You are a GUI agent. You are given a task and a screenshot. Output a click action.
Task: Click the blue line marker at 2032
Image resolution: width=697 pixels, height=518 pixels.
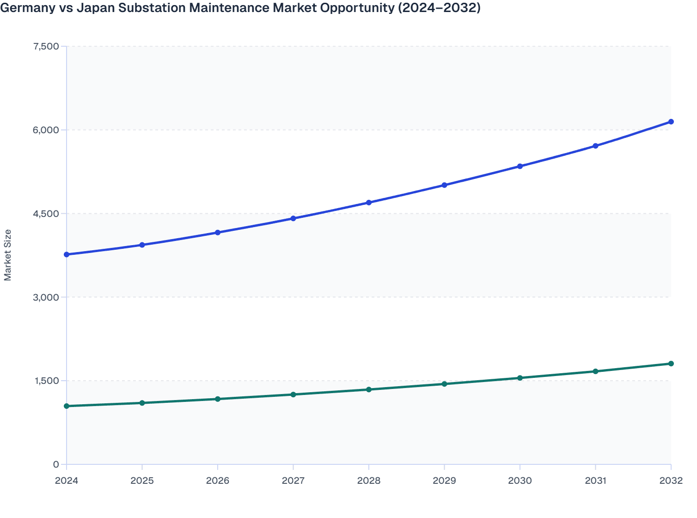[x=671, y=122]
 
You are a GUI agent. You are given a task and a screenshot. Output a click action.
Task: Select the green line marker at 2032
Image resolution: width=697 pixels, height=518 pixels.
[x=671, y=364]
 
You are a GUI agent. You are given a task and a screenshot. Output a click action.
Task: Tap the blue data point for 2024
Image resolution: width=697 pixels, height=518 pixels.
[x=67, y=254]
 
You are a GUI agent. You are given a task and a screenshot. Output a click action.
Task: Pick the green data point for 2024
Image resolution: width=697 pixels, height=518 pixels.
[x=67, y=406]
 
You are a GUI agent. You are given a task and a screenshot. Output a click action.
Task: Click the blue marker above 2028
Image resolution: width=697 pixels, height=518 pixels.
[x=369, y=203]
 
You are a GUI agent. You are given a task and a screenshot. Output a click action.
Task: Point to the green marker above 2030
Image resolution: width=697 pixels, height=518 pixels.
[x=520, y=378]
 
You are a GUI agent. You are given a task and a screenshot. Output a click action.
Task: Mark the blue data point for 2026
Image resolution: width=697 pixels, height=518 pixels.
[x=218, y=232]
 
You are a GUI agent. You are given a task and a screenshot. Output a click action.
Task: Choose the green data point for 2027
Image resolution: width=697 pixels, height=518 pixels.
[x=293, y=395]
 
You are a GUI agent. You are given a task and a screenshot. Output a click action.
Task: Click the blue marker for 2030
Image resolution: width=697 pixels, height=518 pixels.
[x=520, y=166]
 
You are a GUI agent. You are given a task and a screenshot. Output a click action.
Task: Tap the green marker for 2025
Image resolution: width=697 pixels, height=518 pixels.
[x=142, y=403]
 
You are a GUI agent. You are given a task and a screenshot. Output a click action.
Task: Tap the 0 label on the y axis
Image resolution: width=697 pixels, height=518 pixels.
[x=56, y=464]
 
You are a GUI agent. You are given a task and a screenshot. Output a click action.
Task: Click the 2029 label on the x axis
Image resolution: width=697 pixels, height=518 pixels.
[x=444, y=481]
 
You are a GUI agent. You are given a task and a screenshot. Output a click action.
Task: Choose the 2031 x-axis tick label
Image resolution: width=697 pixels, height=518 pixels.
[x=595, y=481]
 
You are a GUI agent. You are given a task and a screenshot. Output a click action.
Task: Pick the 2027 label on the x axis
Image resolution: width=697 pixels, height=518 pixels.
[x=293, y=481]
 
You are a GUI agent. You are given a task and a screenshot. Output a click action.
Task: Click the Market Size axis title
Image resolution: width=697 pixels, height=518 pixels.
[x=8, y=255]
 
